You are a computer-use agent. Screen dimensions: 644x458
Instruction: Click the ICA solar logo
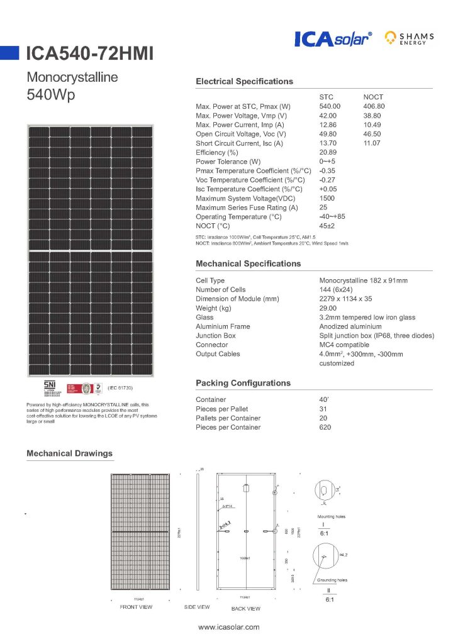tap(333, 40)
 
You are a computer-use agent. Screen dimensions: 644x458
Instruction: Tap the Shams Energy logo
tap(410, 39)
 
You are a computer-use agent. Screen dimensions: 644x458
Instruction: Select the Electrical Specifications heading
tap(244, 82)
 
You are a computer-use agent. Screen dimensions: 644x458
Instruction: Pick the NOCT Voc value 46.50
tap(374, 135)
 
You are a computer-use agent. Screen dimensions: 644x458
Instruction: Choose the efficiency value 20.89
tap(328, 153)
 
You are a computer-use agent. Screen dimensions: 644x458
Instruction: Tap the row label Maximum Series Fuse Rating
tap(247, 208)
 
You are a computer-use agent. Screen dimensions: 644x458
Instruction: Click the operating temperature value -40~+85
tap(332, 217)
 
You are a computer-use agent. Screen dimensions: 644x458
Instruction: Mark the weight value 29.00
tap(328, 308)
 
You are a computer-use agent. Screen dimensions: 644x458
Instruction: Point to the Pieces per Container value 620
tap(325, 427)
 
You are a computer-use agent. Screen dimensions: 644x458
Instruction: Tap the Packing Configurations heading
tap(243, 383)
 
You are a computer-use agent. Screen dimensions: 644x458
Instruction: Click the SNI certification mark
tap(49, 385)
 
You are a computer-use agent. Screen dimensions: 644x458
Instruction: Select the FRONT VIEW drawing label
tap(136, 608)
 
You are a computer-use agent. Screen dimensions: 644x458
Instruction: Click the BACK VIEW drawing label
tap(245, 609)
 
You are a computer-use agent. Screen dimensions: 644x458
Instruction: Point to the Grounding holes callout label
tap(332, 580)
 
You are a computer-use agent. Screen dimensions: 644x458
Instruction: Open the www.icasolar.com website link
tap(228, 628)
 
